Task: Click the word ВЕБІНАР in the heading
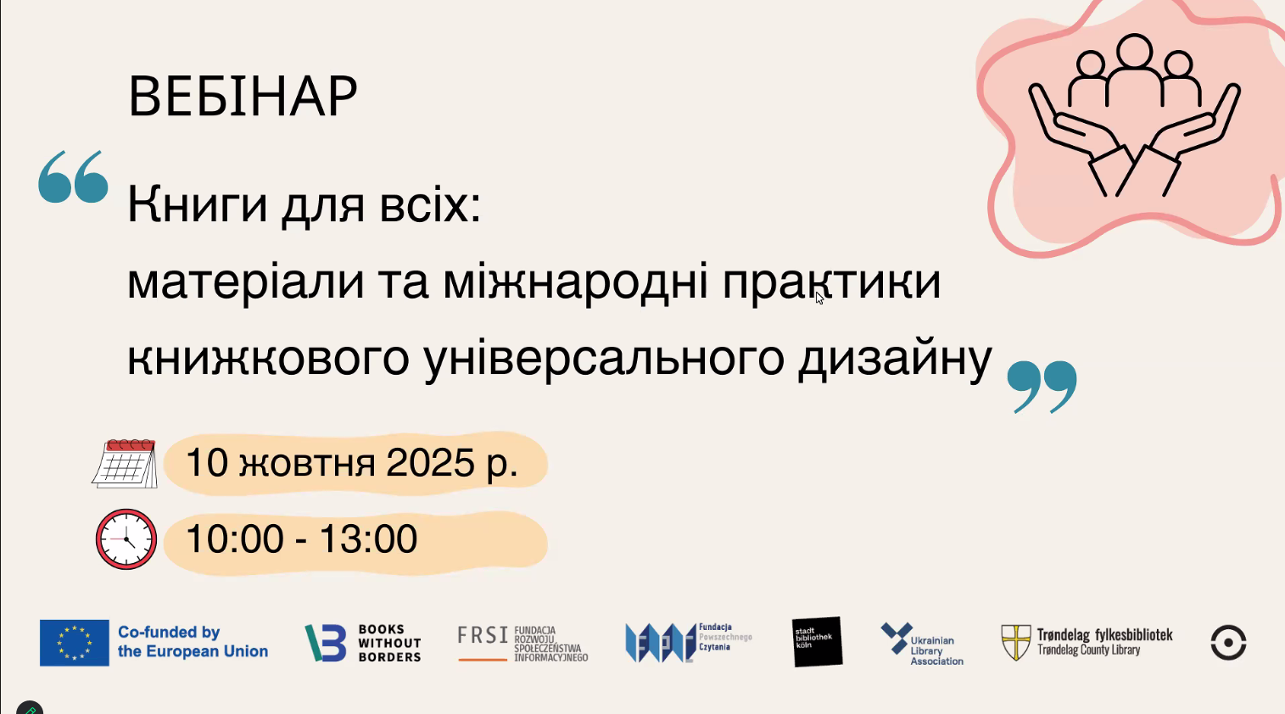click(x=243, y=97)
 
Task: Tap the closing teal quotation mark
click(x=1042, y=387)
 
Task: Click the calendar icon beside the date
click(x=125, y=463)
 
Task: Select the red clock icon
click(x=126, y=539)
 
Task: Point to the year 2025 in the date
click(x=430, y=462)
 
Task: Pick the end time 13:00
click(x=368, y=538)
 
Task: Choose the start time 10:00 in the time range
click(x=234, y=538)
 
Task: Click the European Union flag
click(x=74, y=642)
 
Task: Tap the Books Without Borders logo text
click(x=389, y=643)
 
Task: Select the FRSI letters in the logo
click(x=483, y=635)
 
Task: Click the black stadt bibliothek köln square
click(x=818, y=642)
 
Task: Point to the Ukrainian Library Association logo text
click(x=936, y=650)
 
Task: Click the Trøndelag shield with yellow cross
click(x=1016, y=642)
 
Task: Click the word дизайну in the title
click(x=895, y=359)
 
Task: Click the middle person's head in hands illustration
click(x=1134, y=51)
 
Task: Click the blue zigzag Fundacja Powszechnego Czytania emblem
click(x=660, y=642)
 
